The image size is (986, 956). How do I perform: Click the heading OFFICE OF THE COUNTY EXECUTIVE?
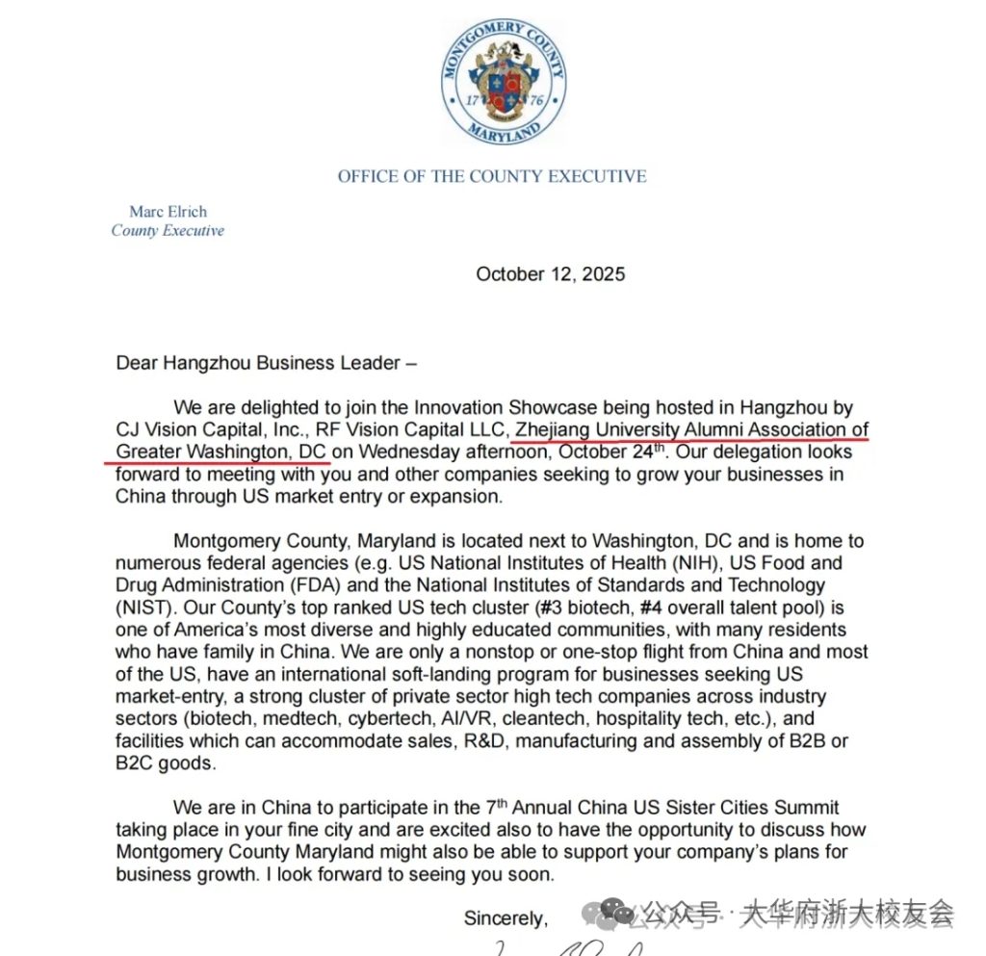pyautogui.click(x=492, y=176)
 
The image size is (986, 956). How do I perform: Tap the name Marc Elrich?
pyautogui.click(x=168, y=212)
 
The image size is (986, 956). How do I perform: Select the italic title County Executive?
pyautogui.click(x=168, y=231)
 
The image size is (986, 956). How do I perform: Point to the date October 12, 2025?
pyautogui.click(x=550, y=274)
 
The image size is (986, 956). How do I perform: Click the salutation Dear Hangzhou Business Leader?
pyautogui.click(x=267, y=364)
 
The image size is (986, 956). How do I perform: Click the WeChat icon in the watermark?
pyautogui.click(x=616, y=911)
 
